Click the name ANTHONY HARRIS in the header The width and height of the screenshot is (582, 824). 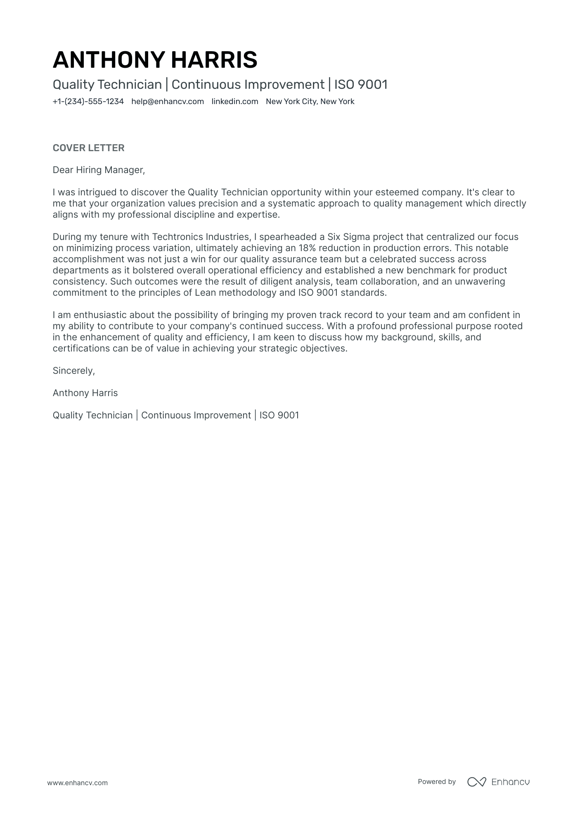tap(155, 59)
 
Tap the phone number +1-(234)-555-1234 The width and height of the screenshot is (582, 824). tap(88, 102)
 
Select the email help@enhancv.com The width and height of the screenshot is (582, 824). tap(168, 102)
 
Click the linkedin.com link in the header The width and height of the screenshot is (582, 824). tap(234, 102)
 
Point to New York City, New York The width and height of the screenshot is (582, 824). tap(310, 102)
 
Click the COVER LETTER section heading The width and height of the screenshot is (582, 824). tap(88, 148)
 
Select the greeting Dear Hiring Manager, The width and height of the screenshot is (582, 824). tap(99, 170)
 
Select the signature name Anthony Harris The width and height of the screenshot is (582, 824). tap(85, 393)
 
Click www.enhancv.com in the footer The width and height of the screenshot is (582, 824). tap(77, 783)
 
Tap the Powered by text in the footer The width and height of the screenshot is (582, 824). tap(436, 781)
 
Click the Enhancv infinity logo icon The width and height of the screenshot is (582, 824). tap(476, 782)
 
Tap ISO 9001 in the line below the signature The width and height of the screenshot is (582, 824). tap(279, 415)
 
